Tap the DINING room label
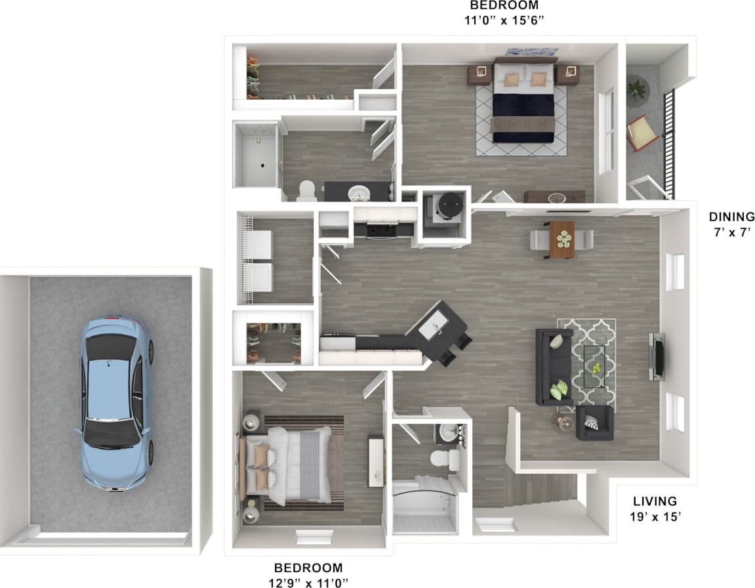[731, 217]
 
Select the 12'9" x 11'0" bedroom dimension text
[308, 582]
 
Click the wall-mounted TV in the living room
[658, 356]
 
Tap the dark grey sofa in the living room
[553, 366]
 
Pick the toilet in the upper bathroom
[306, 191]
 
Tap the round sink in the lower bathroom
[449, 432]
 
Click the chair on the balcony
[643, 135]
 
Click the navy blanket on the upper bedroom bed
[523, 115]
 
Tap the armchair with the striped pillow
[594, 423]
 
